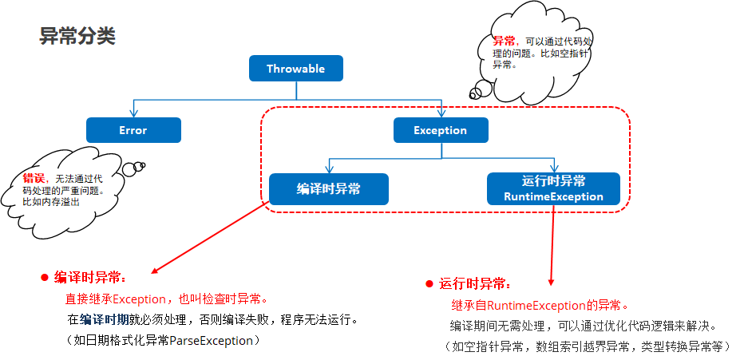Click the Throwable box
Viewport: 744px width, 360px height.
pos(295,69)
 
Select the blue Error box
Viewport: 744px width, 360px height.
pos(133,130)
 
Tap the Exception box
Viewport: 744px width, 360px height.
pos(440,130)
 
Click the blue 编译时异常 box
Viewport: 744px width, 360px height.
pos(328,189)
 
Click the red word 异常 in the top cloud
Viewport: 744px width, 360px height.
pos(503,41)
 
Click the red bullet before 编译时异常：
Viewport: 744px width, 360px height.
pos(45,277)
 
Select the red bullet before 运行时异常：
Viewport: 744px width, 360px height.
pos(429,284)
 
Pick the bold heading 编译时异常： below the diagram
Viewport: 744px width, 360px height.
pos(90,277)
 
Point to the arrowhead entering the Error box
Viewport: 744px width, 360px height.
pos(133,113)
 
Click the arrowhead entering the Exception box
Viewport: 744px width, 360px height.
pos(440,113)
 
